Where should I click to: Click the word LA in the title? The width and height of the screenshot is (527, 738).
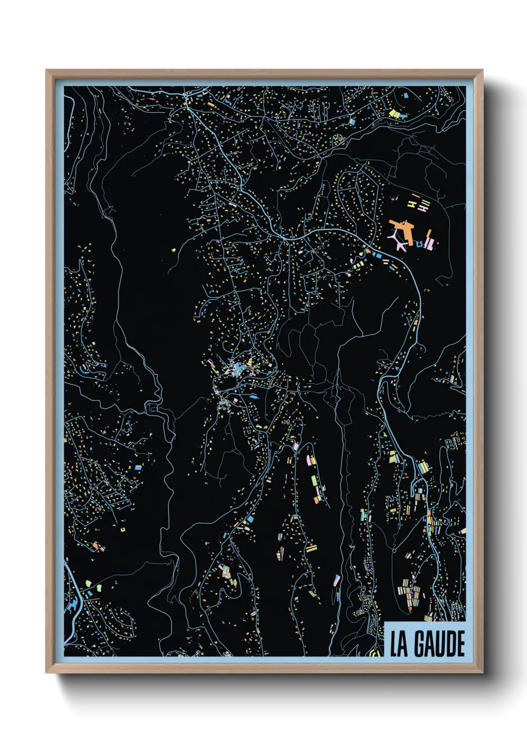[398, 644]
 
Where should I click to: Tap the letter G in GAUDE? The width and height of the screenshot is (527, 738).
[417, 644]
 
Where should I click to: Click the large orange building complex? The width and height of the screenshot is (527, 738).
[404, 229]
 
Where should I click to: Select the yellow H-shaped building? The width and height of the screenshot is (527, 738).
[412, 203]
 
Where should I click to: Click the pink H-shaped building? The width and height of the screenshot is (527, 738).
[423, 209]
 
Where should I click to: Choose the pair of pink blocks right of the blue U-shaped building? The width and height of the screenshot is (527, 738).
[431, 244]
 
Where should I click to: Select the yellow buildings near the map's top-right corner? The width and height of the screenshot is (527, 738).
[395, 114]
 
